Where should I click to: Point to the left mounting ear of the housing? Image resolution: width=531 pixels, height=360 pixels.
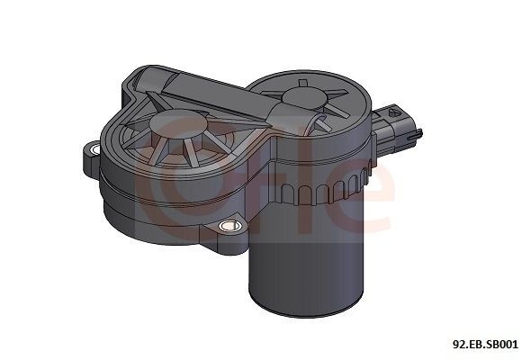click(x=94, y=154)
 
